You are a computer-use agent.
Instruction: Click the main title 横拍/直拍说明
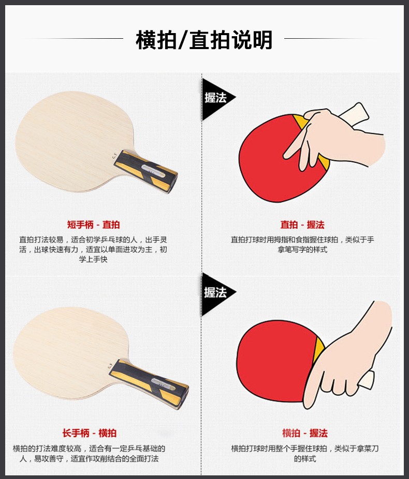tap(204, 40)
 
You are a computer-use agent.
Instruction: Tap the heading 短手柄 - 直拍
tap(93, 225)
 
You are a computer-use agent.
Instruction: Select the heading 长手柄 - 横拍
tap(90, 433)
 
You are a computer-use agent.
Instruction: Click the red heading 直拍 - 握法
tap(302, 225)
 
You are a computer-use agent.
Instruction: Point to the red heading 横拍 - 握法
tap(305, 433)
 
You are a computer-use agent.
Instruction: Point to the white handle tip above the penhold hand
tap(355, 115)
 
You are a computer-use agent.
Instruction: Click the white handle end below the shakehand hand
tap(367, 380)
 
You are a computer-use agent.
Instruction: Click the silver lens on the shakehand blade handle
tap(164, 384)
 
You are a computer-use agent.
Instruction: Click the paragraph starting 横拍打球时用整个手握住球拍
tap(305, 454)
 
